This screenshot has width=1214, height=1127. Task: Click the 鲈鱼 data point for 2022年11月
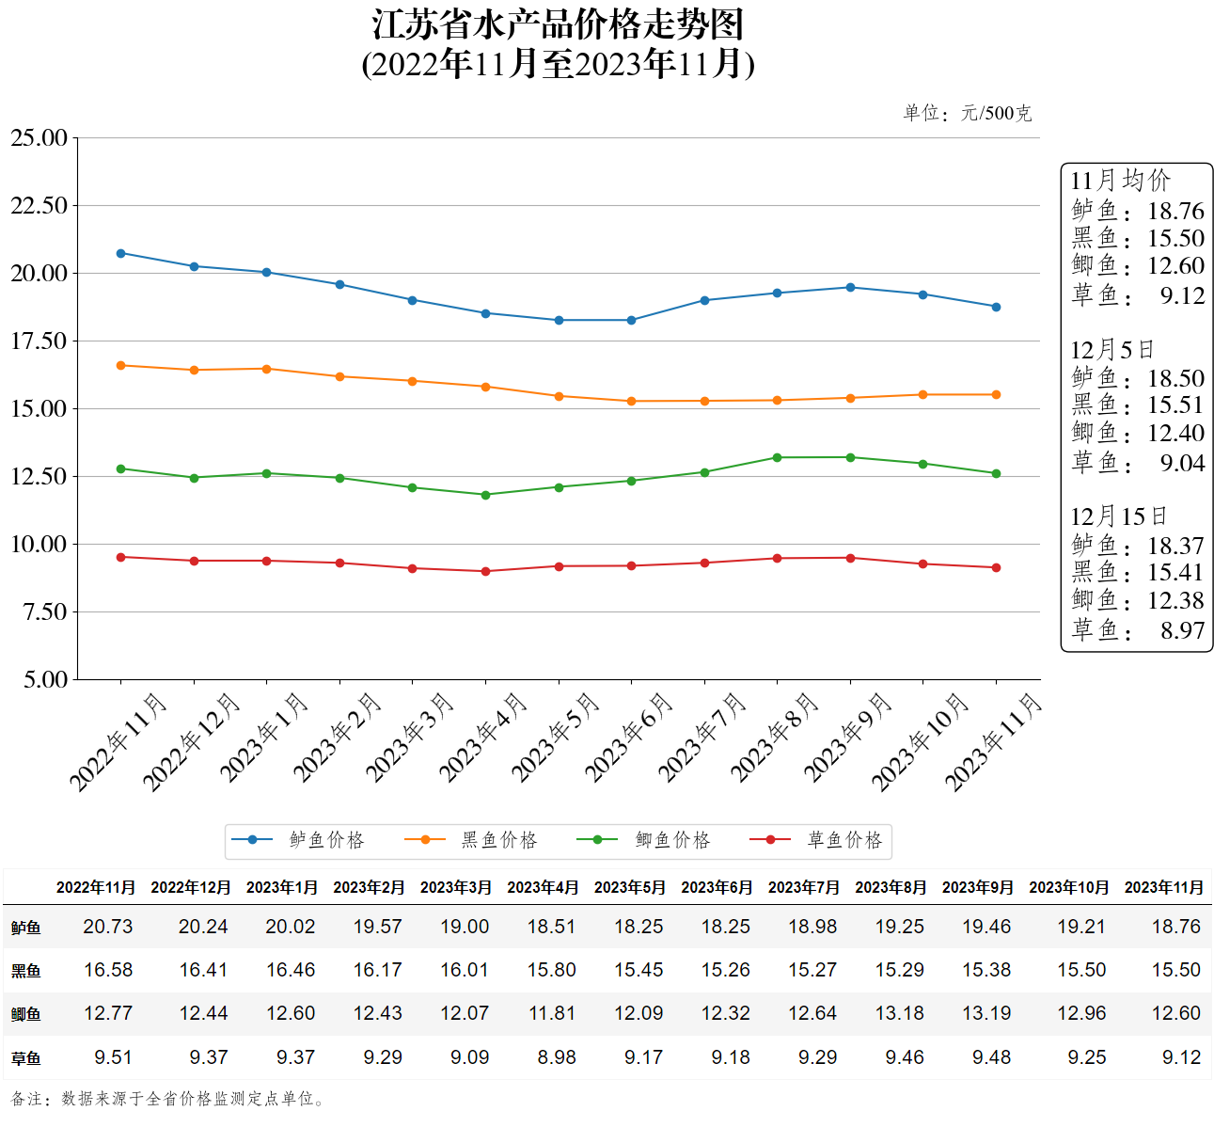point(120,253)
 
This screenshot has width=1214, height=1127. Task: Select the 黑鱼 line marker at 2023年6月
point(631,402)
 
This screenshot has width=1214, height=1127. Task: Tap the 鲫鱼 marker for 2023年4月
point(485,495)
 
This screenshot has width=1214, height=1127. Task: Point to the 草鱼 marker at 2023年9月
point(850,558)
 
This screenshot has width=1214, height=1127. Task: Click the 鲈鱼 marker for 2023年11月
point(996,307)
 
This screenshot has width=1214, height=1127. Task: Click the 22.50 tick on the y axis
point(39,206)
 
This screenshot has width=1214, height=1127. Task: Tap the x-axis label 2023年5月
point(556,738)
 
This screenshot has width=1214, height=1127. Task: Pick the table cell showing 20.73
point(108,927)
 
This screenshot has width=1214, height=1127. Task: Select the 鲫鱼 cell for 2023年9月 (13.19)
point(986,1013)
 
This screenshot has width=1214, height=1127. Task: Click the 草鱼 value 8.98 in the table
point(557,1057)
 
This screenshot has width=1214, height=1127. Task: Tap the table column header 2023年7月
point(803,887)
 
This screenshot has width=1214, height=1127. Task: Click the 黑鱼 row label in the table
point(26,971)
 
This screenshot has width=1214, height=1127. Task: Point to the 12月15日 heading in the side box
point(1118,516)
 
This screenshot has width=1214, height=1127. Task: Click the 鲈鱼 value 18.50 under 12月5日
point(1175,378)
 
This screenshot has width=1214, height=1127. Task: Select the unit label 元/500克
point(996,114)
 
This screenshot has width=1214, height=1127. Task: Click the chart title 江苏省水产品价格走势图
point(558,25)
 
